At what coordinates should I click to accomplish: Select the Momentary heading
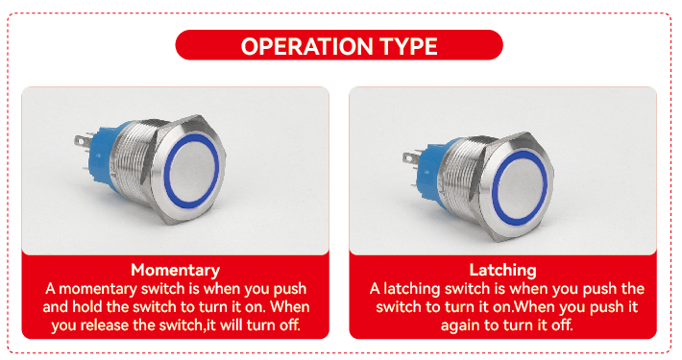click(x=175, y=270)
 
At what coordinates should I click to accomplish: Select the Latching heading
click(x=502, y=270)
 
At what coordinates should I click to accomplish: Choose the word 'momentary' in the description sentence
click(x=99, y=289)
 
